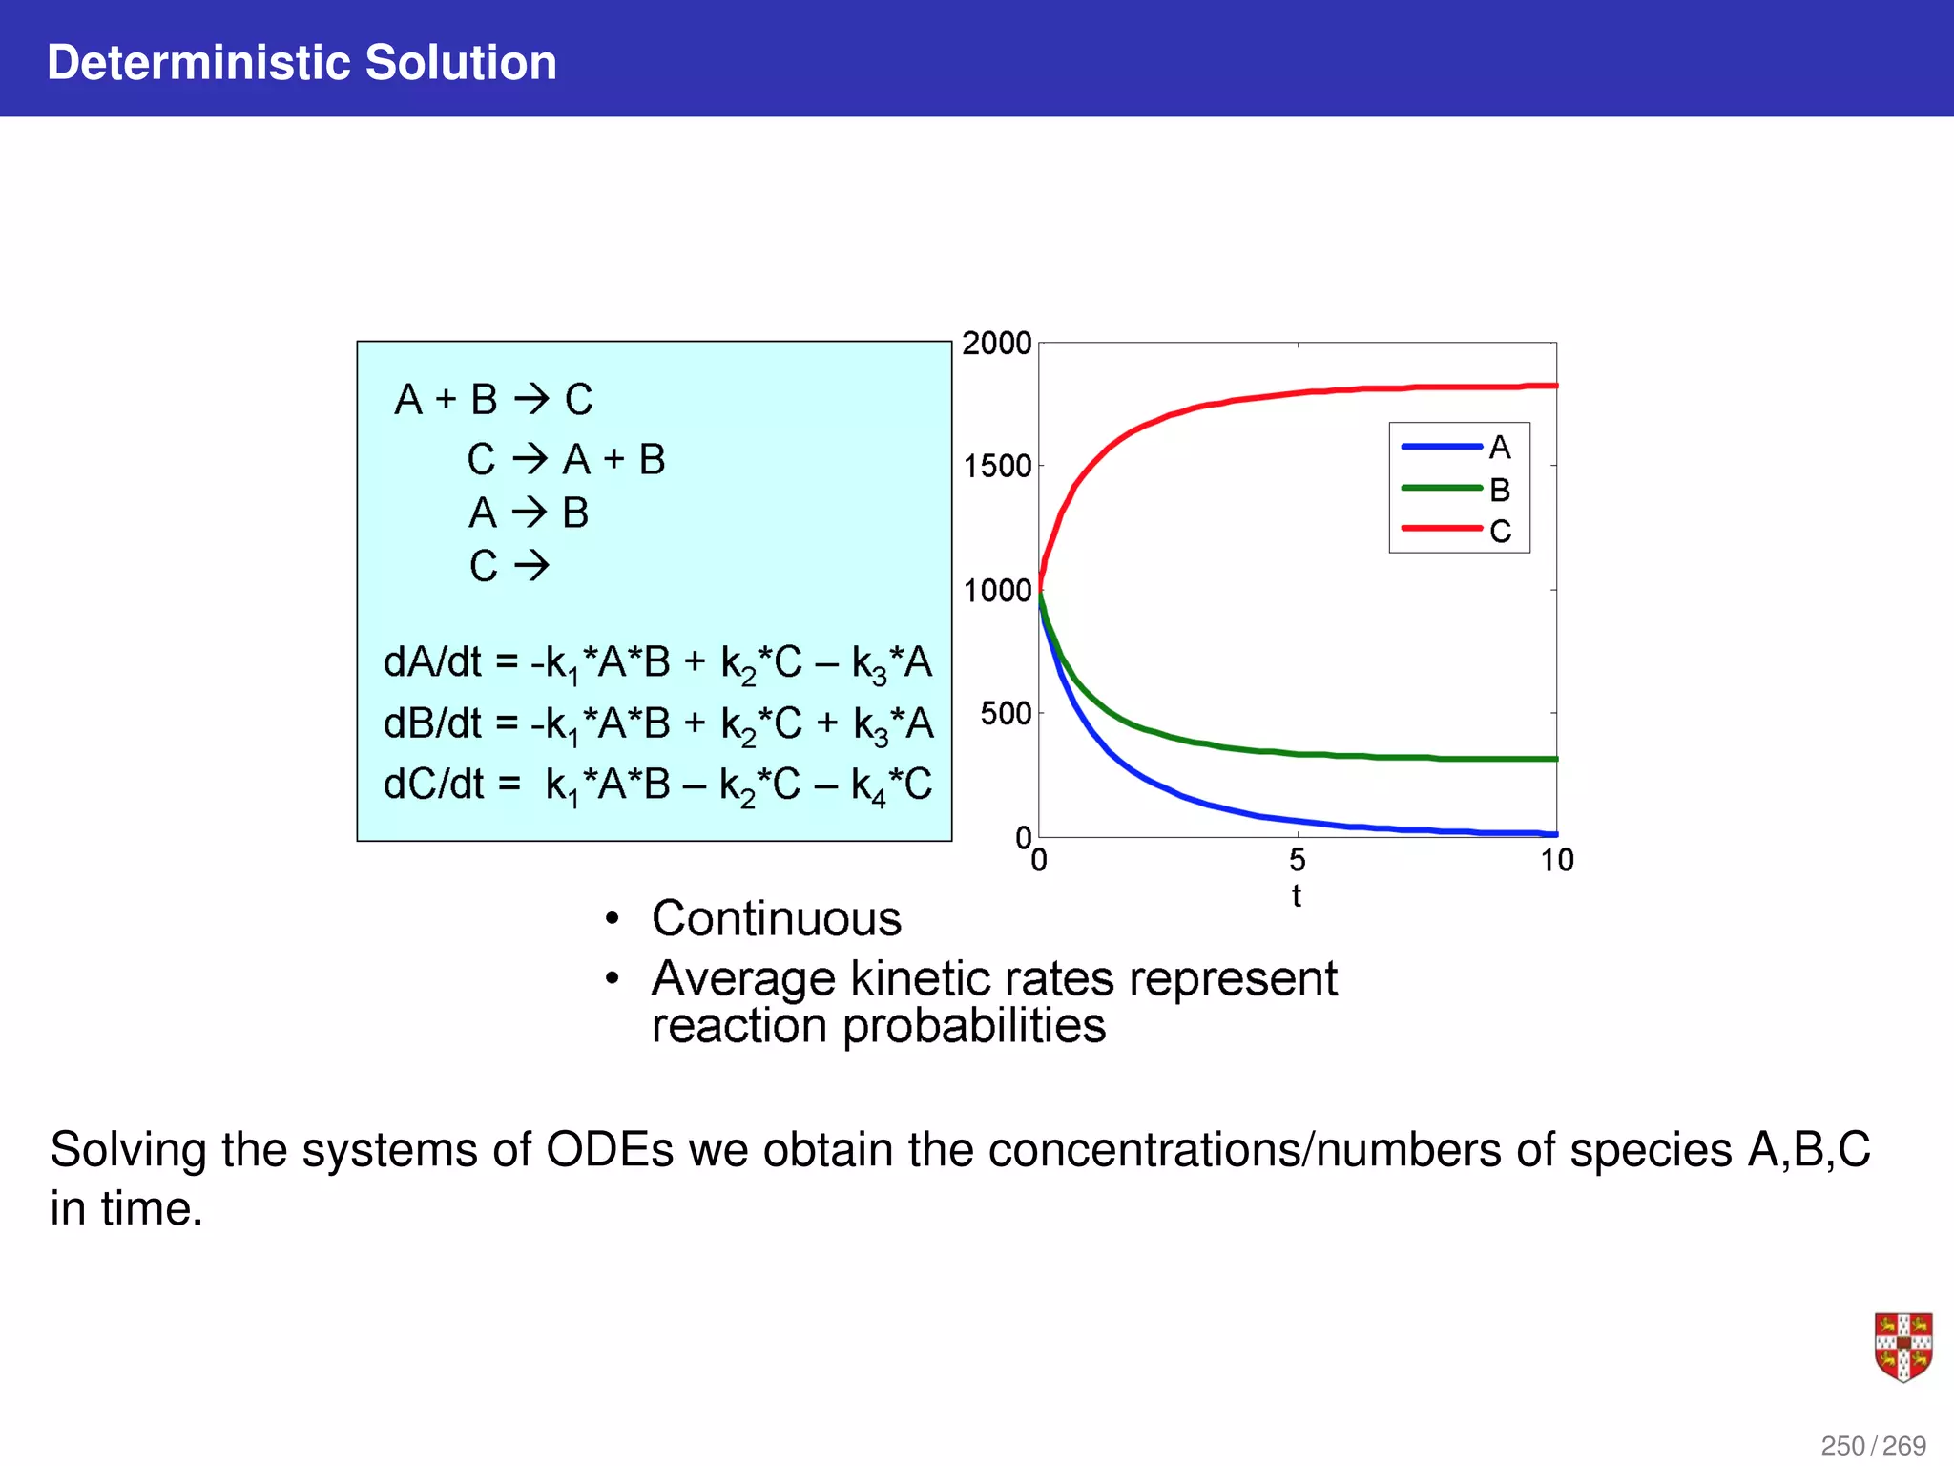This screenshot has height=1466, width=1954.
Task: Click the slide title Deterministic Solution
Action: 301,63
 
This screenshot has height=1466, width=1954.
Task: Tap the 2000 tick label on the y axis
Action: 996,344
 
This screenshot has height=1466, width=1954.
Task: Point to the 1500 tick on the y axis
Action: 997,467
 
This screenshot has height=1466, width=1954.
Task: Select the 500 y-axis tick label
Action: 1006,714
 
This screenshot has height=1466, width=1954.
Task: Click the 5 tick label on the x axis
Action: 1298,861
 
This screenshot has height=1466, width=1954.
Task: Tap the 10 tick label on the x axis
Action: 1556,861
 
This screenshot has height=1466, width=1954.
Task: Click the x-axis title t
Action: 1296,896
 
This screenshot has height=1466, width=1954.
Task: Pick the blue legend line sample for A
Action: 1441,447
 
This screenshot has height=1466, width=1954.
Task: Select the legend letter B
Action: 1500,490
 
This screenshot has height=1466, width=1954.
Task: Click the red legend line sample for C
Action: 1441,529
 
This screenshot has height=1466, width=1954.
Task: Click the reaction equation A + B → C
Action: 493,400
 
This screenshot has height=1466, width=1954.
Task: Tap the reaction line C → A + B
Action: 566,460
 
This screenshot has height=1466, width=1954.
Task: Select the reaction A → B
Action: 529,513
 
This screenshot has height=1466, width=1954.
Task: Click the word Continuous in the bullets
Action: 776,919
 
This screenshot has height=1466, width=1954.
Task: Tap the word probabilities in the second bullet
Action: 973,1026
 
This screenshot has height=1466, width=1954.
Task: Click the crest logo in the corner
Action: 1902,1347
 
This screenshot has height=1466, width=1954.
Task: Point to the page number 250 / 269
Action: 1872,1445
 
